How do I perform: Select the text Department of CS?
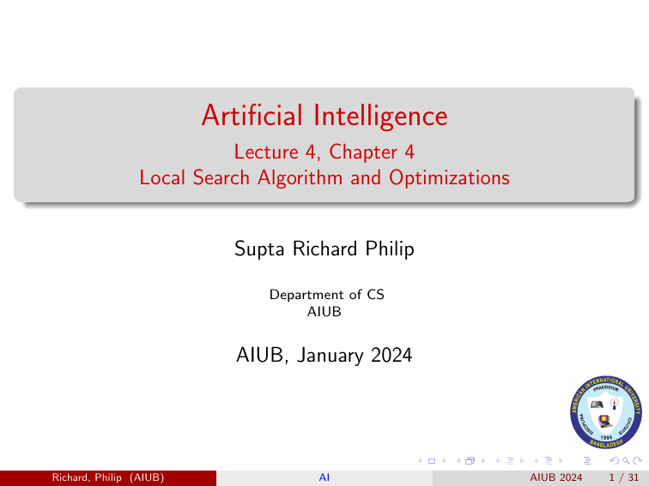click(x=326, y=294)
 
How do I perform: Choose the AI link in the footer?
click(x=324, y=477)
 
